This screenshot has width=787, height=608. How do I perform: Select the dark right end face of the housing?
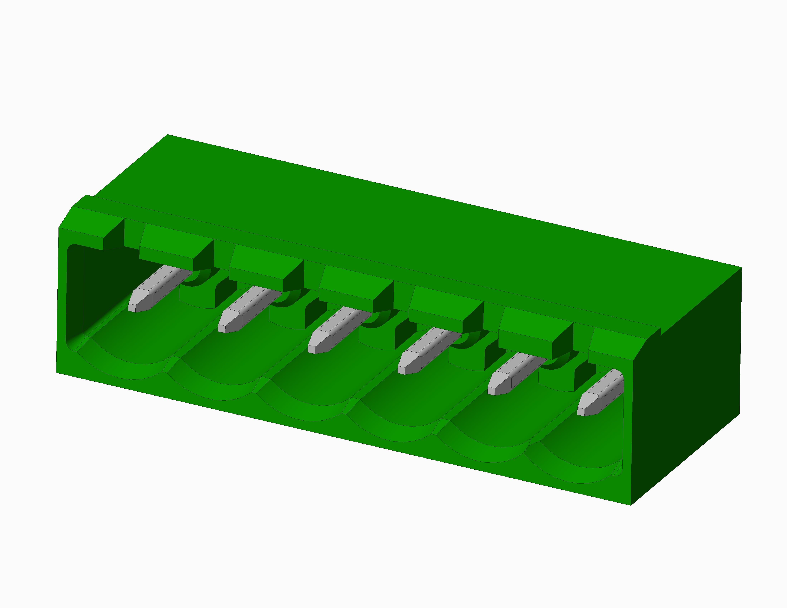click(x=685, y=385)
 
